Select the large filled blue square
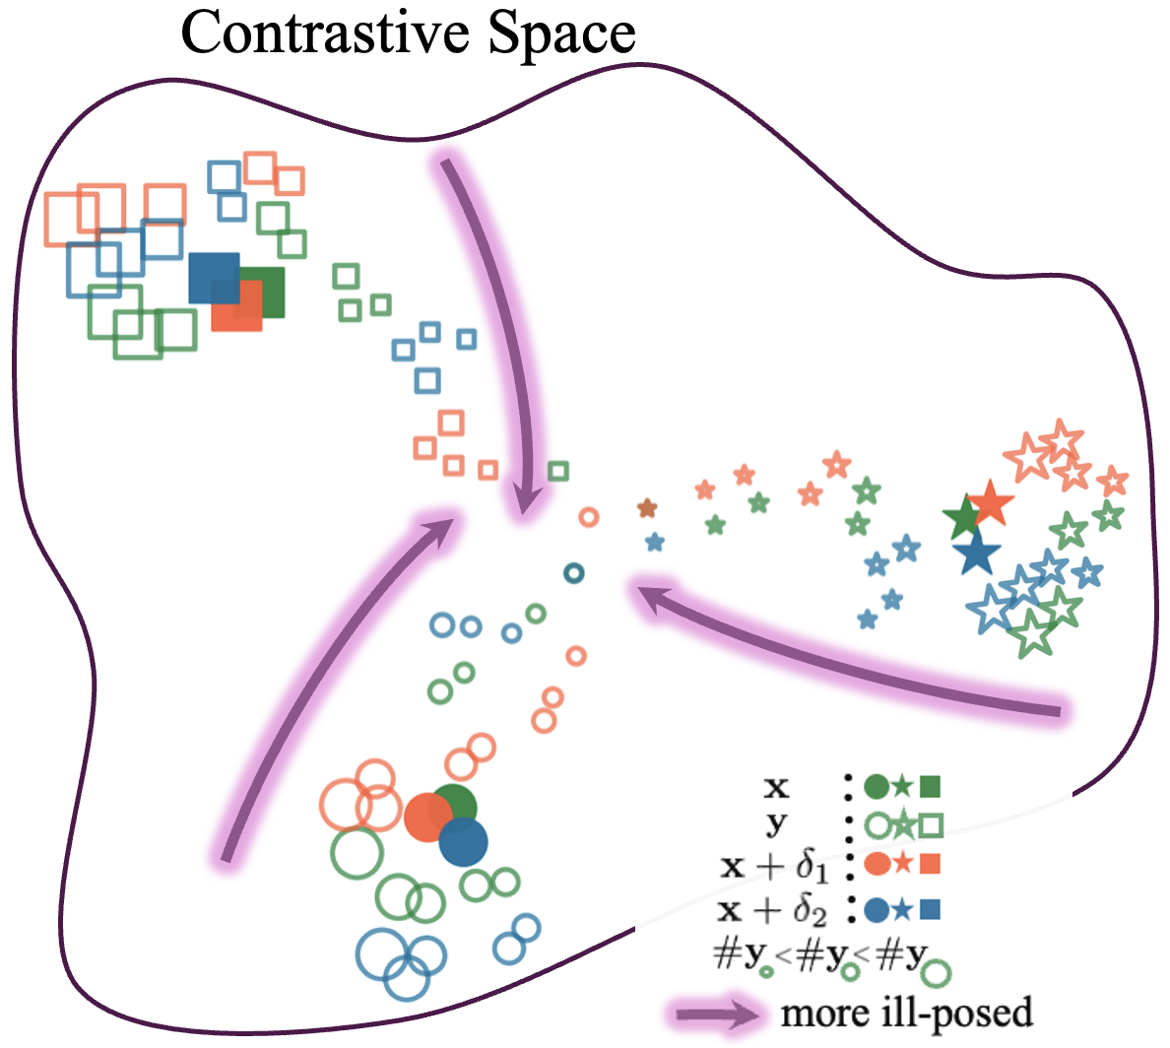point(214,277)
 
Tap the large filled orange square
point(236,305)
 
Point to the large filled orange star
point(991,504)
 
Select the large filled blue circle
point(463,841)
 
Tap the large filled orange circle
point(428,817)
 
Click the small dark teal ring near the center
point(574,572)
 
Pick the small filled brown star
point(647,508)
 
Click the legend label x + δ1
point(774,867)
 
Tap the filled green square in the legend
point(931,786)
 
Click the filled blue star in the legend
point(903,908)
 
